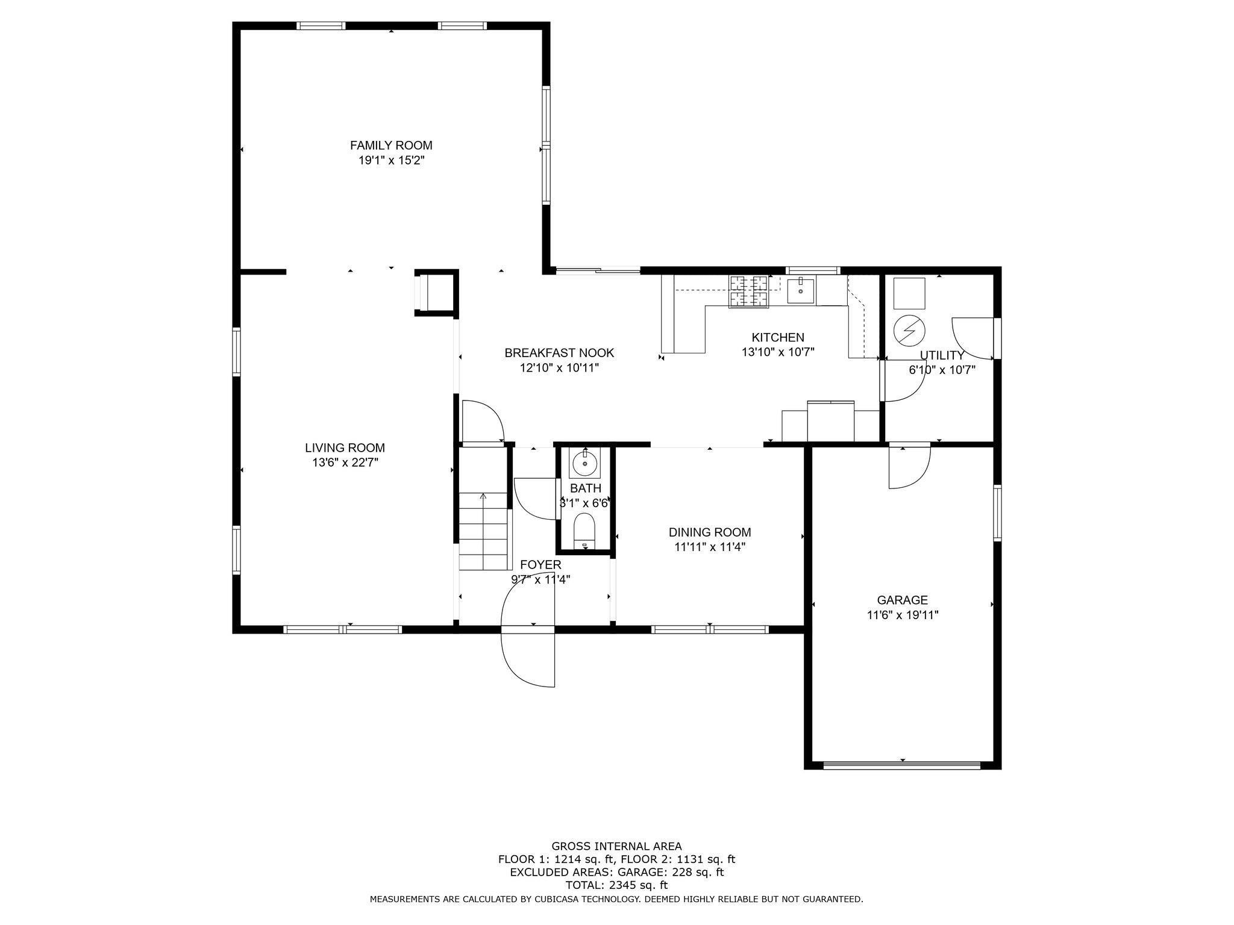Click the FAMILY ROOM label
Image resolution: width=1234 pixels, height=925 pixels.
391,146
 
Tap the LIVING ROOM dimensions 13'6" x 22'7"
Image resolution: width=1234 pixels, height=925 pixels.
345,462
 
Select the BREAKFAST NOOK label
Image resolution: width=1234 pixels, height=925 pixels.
559,353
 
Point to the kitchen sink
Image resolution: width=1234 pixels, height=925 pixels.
801,291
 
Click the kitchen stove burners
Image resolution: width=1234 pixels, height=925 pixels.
750,291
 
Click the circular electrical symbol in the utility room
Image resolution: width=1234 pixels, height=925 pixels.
909,330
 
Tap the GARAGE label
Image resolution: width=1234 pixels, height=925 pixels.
902,600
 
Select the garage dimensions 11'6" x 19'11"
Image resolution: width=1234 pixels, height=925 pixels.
903,615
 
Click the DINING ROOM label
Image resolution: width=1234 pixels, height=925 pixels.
710,532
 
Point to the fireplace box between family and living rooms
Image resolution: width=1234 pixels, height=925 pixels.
435,292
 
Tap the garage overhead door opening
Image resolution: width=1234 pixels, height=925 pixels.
902,765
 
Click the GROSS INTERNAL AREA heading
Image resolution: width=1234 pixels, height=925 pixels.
616,846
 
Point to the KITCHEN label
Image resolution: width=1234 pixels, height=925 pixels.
778,338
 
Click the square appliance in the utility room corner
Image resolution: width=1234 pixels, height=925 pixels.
909,293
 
